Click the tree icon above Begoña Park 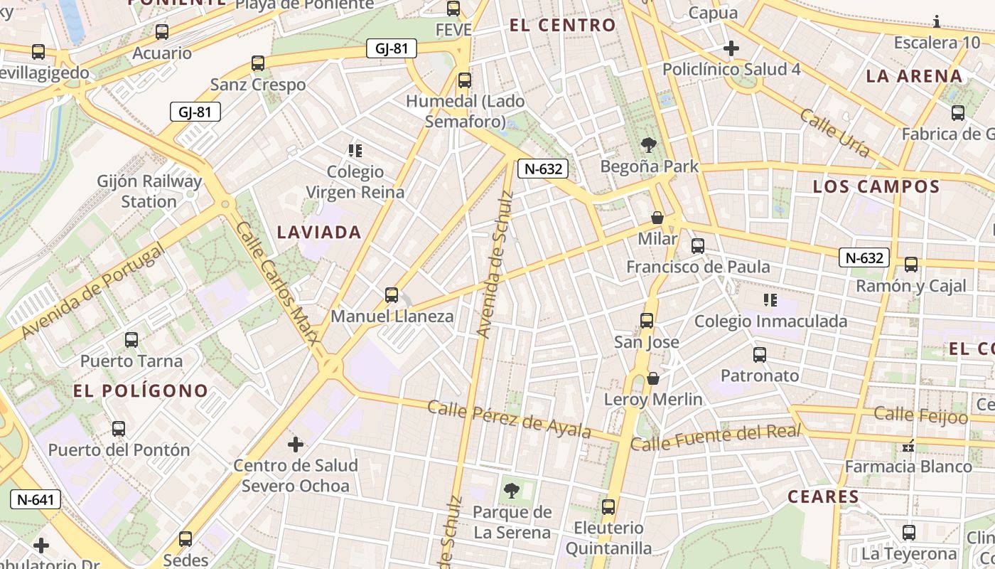[x=648, y=146]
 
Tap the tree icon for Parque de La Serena [x=511, y=490]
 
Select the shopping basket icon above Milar [x=657, y=218]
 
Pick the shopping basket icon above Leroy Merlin [x=653, y=378]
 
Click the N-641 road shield [x=36, y=499]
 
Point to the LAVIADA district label [x=319, y=232]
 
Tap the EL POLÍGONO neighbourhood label [x=141, y=390]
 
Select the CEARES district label [x=823, y=496]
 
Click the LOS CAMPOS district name [x=876, y=187]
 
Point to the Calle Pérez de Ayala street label [x=509, y=419]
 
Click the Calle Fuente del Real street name [x=716, y=437]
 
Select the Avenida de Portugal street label [x=93, y=292]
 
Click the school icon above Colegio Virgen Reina [x=355, y=151]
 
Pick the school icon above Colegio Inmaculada [x=770, y=300]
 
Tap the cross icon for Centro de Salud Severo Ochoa [x=296, y=445]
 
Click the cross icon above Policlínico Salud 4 [x=731, y=48]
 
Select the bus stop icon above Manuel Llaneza [x=391, y=294]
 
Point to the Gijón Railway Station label [x=149, y=191]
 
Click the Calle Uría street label [x=834, y=132]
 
